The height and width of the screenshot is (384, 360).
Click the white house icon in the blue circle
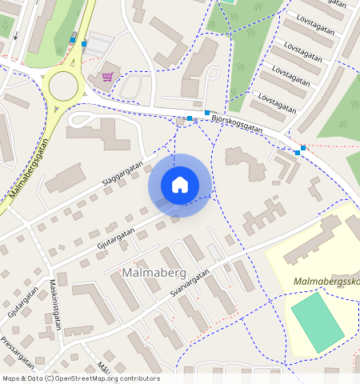(180, 184)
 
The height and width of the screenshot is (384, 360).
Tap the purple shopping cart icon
(107, 77)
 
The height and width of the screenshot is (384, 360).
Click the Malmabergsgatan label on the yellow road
(30, 168)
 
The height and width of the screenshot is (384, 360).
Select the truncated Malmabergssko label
(326, 282)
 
